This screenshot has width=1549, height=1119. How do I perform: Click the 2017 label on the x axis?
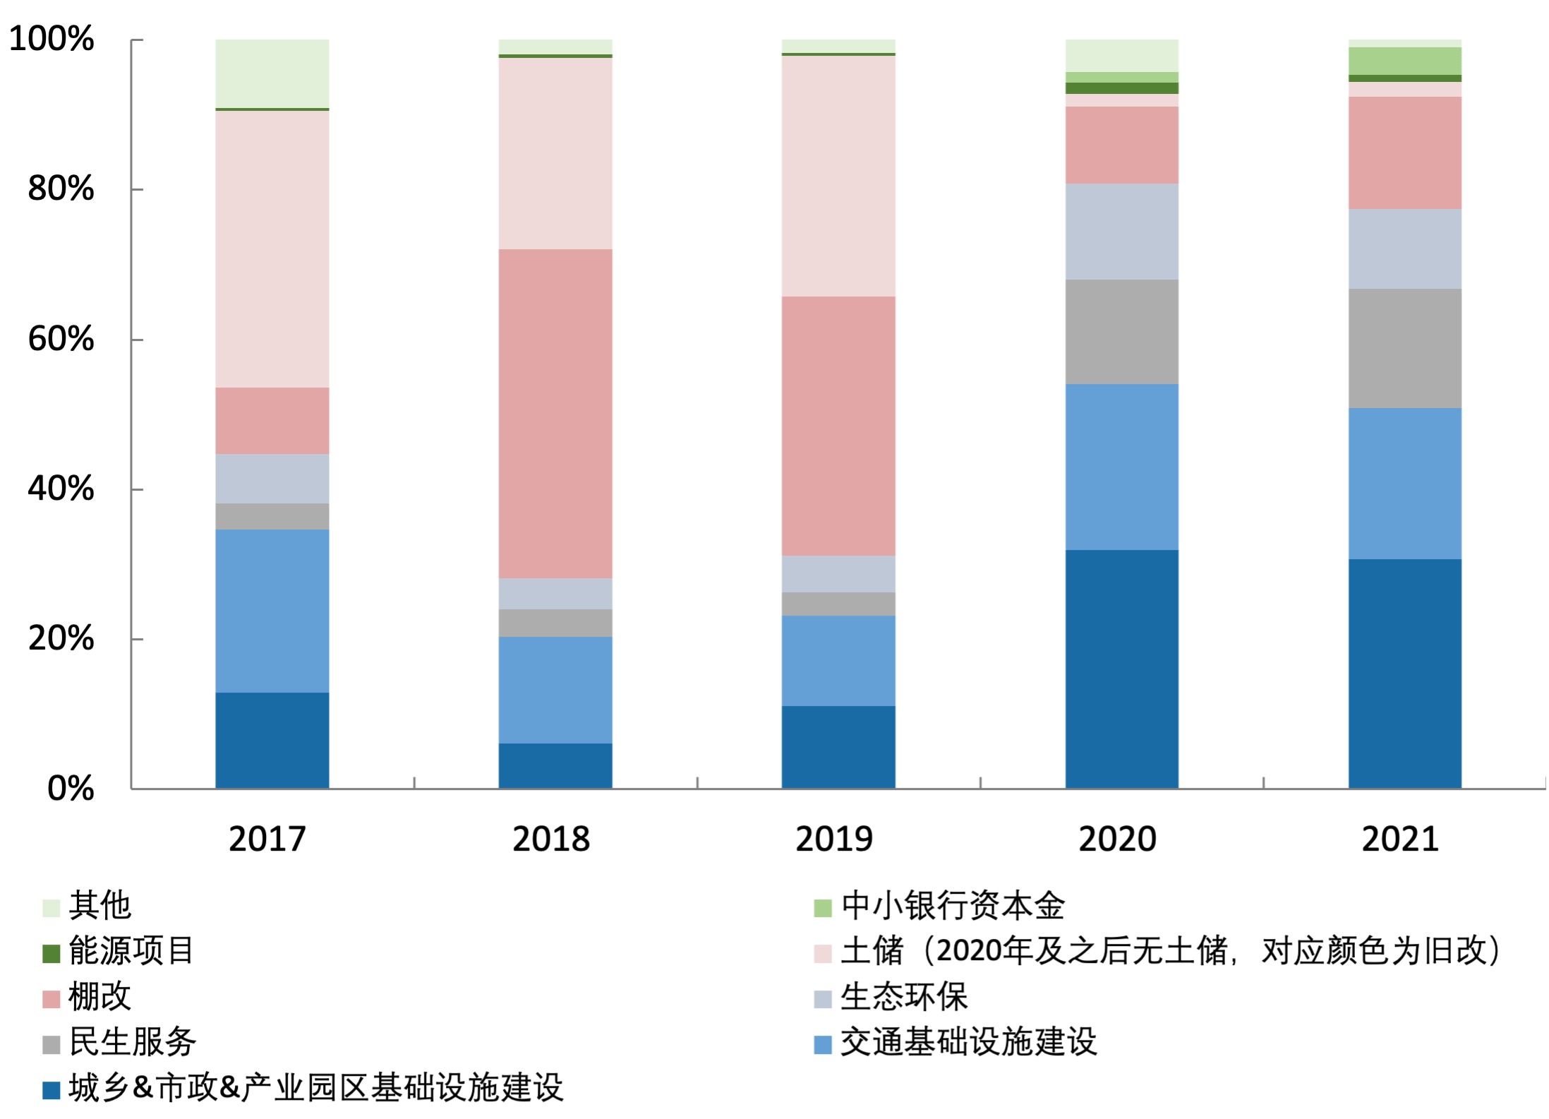(x=267, y=839)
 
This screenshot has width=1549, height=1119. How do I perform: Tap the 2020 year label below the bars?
(x=1118, y=839)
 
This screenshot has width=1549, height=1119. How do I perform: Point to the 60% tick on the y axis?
(x=61, y=339)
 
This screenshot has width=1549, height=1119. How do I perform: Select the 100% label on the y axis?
(x=52, y=38)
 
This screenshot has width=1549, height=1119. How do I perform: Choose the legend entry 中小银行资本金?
(x=953, y=906)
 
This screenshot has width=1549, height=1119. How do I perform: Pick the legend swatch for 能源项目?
(x=52, y=953)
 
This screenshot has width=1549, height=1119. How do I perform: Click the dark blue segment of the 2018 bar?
(x=555, y=765)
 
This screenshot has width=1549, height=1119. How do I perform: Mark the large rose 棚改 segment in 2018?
(x=555, y=414)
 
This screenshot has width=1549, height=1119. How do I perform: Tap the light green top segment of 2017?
(x=272, y=73)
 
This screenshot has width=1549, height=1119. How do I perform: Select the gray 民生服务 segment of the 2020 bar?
(x=1122, y=332)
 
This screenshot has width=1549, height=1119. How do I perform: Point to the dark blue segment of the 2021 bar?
(x=1405, y=674)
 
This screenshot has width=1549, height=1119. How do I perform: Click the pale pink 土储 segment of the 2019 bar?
(x=838, y=175)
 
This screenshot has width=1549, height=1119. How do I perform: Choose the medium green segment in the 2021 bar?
(x=1405, y=61)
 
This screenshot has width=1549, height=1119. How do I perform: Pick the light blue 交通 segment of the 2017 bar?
(x=272, y=611)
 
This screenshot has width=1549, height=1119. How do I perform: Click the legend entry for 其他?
(x=100, y=906)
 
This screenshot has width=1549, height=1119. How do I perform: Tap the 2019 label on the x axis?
(x=834, y=839)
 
